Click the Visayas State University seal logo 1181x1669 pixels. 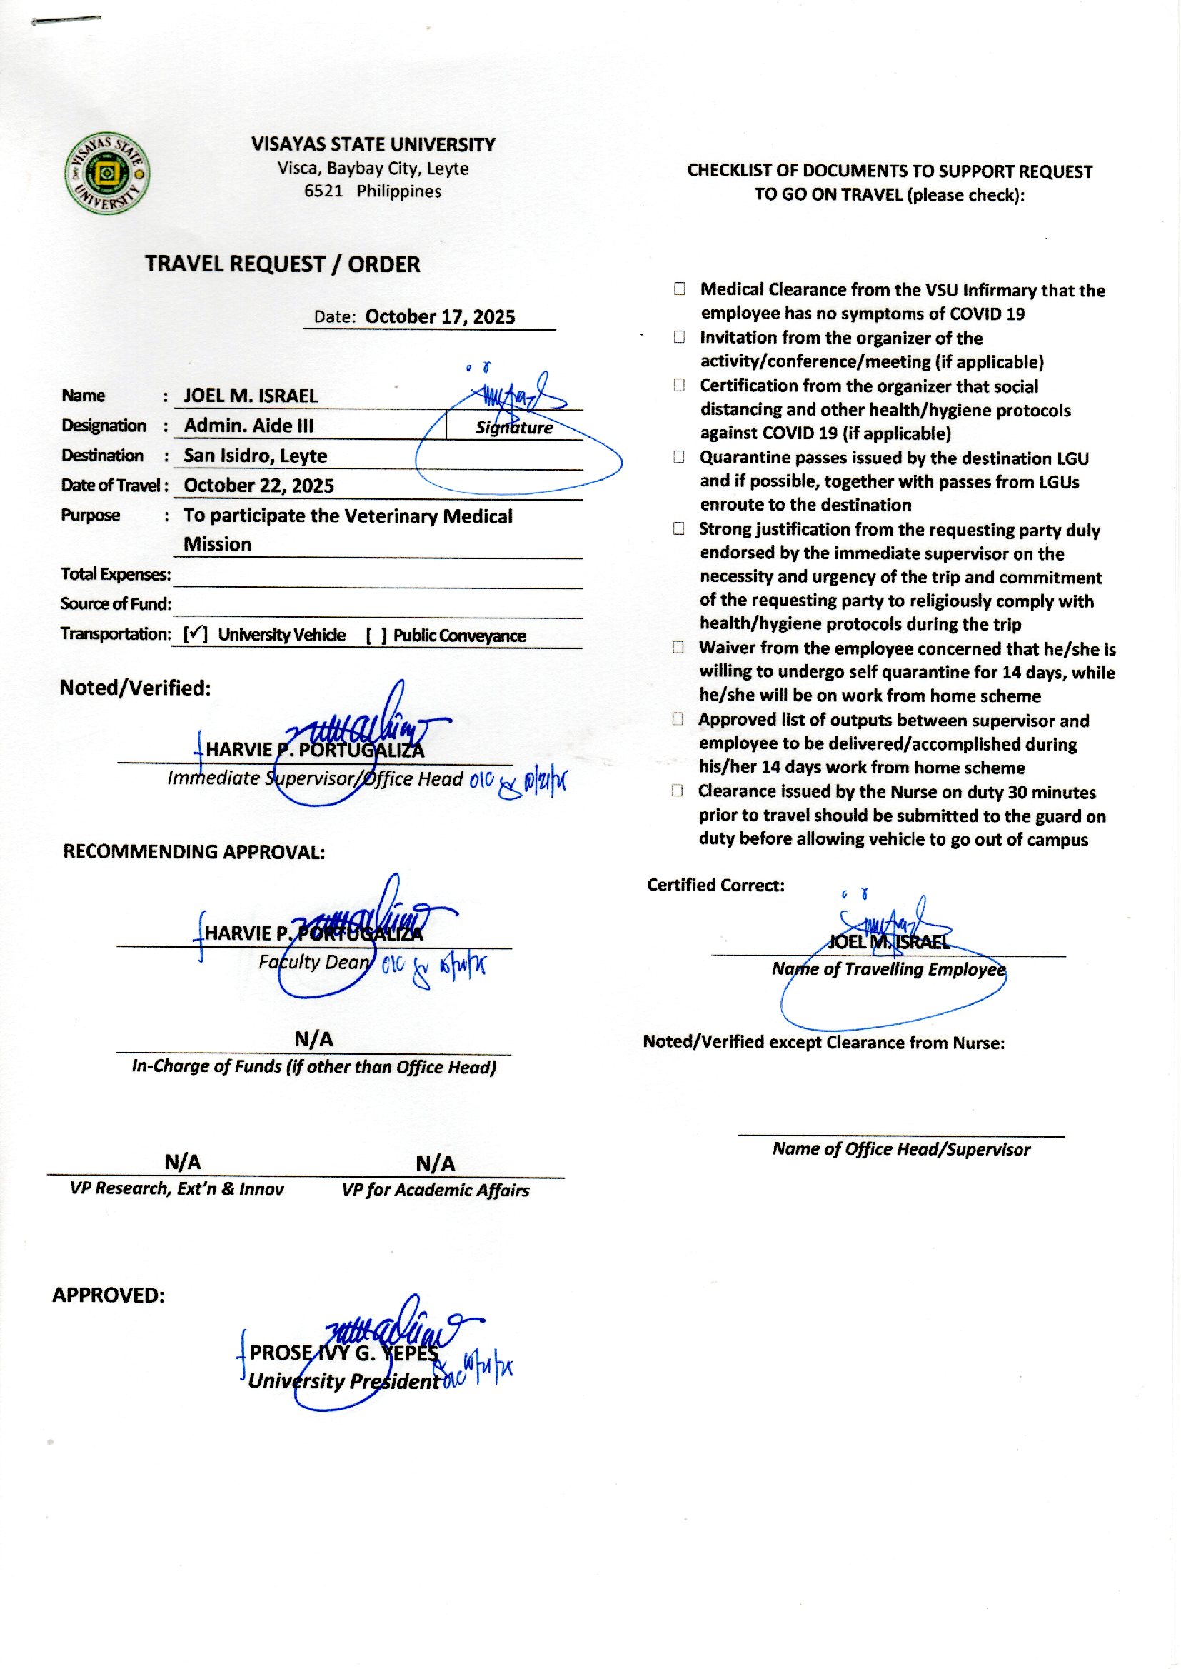[x=108, y=174]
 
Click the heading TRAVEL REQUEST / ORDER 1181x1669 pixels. [x=282, y=264]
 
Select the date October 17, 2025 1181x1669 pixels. [x=439, y=316]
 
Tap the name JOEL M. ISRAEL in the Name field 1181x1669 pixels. [x=250, y=396]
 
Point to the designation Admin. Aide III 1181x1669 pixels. [x=248, y=426]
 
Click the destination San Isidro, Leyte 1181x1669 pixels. [x=255, y=456]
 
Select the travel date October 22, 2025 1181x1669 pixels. [x=258, y=486]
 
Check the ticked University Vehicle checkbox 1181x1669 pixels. [x=195, y=634]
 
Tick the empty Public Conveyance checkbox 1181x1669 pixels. [x=376, y=636]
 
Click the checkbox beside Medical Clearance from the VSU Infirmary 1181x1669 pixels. [x=678, y=289]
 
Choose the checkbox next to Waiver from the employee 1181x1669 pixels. [x=678, y=646]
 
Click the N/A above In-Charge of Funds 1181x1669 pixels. [x=313, y=1039]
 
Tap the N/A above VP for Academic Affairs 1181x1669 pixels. [x=435, y=1163]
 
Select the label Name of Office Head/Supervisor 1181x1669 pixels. [x=900, y=1149]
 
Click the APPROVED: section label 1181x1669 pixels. [x=109, y=1295]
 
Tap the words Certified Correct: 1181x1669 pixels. [x=715, y=885]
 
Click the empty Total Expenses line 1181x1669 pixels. [x=377, y=576]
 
